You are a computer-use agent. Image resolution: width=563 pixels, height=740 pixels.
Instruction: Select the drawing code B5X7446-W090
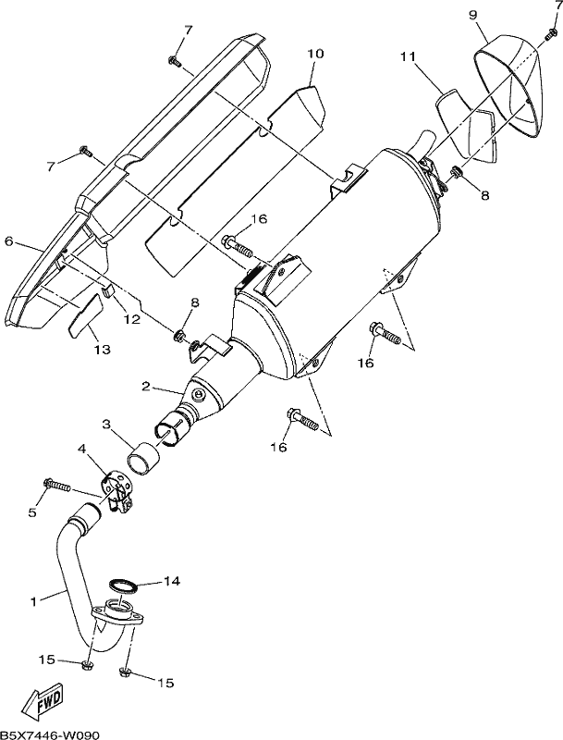pos(50,734)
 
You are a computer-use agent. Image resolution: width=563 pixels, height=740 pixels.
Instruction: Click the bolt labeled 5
pos(56,485)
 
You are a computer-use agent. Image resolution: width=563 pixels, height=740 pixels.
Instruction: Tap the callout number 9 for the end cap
pos(472,15)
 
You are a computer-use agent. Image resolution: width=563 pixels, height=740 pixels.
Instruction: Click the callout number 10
pos(316,53)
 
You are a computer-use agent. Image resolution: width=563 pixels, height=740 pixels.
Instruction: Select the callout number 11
pos(408,56)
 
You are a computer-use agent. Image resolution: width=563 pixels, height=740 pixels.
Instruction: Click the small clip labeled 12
pos(107,290)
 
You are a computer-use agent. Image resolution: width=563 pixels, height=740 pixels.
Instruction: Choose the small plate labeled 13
pos(85,314)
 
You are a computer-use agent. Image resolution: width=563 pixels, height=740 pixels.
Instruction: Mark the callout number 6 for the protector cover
pos(8,241)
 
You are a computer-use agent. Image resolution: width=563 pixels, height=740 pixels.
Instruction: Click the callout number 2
pos(146,387)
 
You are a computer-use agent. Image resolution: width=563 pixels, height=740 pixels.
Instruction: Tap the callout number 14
pos(172,581)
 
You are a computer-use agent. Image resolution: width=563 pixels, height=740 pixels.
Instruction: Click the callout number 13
pos(103,350)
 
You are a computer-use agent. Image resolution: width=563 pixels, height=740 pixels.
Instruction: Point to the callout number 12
pos(132,319)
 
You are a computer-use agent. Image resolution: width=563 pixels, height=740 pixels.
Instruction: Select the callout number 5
pos(32,512)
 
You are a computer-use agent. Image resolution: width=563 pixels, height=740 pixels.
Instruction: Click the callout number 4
pos(81,450)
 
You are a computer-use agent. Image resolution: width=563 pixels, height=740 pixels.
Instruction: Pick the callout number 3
pos(106,425)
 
